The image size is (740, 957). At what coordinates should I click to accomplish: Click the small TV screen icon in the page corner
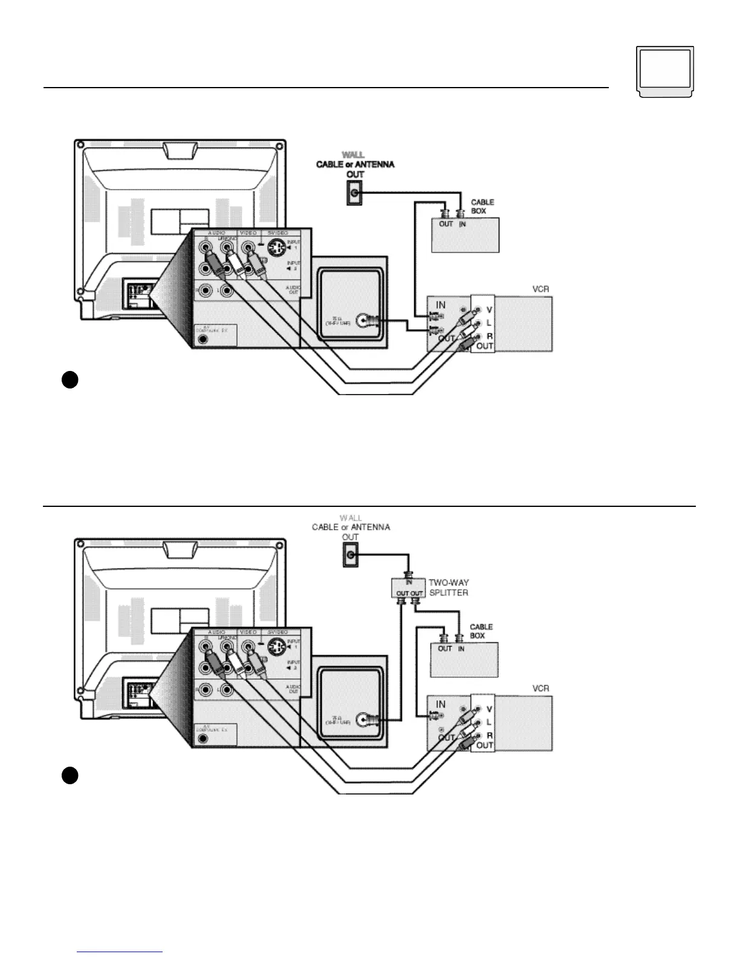click(x=665, y=71)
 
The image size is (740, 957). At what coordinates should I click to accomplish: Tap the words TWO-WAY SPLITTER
click(x=449, y=588)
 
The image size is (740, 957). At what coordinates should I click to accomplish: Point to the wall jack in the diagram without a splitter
click(x=354, y=195)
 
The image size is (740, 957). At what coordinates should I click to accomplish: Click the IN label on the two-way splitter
click(x=409, y=582)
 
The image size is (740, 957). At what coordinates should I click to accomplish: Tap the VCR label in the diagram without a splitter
click(x=540, y=289)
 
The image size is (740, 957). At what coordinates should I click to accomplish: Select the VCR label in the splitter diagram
click(x=540, y=688)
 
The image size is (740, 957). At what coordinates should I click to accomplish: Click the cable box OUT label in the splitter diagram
click(x=445, y=648)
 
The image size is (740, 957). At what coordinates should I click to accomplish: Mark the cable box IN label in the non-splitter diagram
click(x=462, y=224)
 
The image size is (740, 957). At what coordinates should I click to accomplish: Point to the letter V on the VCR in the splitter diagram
click(x=489, y=709)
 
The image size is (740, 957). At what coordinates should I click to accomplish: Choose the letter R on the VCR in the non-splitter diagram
click(x=489, y=336)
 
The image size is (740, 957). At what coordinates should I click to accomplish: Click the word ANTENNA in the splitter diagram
click(x=370, y=527)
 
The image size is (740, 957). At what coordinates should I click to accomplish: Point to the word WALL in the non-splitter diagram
click(x=354, y=155)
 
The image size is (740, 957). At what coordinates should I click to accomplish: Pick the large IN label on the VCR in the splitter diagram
click(x=441, y=704)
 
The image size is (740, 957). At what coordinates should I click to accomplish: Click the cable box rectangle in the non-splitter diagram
click(x=465, y=236)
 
